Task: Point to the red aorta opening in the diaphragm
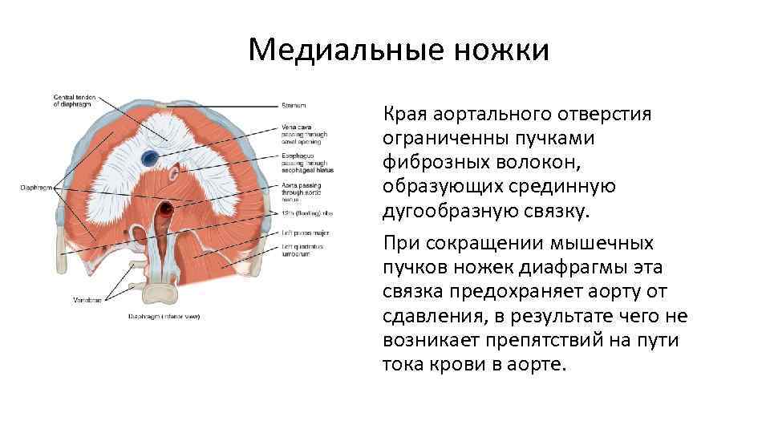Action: [164, 211]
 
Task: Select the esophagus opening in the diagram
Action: [174, 171]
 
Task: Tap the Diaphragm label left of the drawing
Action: [36, 188]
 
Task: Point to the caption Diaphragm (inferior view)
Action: [164, 317]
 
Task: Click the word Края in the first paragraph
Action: [406, 114]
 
